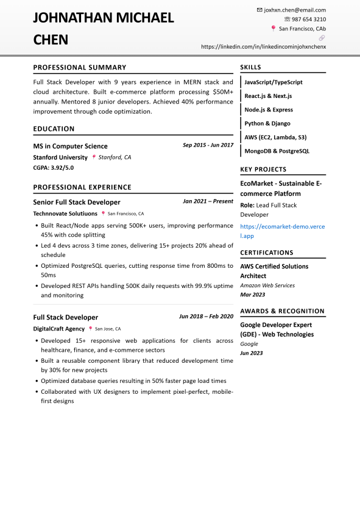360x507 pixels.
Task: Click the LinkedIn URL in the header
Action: click(263, 46)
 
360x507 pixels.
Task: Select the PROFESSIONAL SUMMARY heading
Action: click(80, 68)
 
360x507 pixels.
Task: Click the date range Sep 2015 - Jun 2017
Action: click(208, 145)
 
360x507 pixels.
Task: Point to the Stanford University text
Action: click(60, 157)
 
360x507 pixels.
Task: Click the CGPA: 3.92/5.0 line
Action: click(54, 167)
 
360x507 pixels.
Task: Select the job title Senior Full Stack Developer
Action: click(77, 202)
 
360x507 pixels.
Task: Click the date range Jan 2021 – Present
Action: click(208, 201)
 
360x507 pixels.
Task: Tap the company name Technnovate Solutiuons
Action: click(65, 214)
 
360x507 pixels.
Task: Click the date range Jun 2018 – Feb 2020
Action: click(206, 316)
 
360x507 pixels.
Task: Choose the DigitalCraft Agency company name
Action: click(58, 329)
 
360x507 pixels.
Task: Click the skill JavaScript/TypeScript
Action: click(274, 82)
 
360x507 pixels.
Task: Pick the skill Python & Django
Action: click(267, 124)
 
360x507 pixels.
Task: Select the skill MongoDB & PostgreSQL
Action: click(277, 151)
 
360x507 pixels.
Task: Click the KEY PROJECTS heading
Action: click(263, 170)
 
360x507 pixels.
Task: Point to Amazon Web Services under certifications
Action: click(267, 285)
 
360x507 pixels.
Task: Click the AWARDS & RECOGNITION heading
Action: click(282, 312)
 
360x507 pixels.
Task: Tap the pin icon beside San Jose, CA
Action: click(91, 329)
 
